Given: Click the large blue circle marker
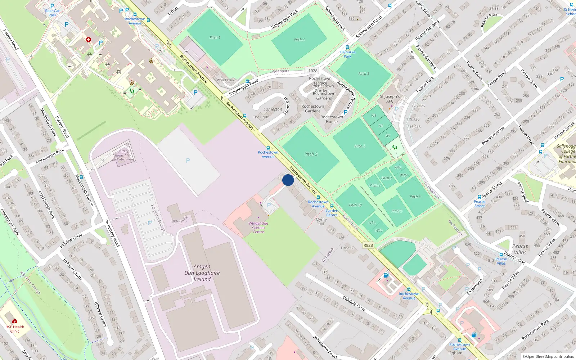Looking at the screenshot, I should click(x=288, y=180).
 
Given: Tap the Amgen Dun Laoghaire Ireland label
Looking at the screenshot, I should click(x=202, y=273).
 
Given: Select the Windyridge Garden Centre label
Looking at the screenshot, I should click(x=258, y=228).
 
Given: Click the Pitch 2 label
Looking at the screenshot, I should click(x=311, y=154).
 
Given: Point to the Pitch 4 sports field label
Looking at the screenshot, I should click(x=299, y=40).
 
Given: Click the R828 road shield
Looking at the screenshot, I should click(x=368, y=245).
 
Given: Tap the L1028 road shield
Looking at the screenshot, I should click(x=312, y=71).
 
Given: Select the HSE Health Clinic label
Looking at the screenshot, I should click(x=15, y=329).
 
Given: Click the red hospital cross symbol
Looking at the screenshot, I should click(x=89, y=40).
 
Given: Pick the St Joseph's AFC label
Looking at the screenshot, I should click(x=390, y=99).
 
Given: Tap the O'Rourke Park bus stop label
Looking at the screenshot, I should click(x=347, y=54).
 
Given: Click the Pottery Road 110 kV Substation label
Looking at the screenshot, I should click(x=123, y=156).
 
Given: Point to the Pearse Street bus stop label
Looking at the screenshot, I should click(x=479, y=204).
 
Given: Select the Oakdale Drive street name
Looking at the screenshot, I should click(x=354, y=303).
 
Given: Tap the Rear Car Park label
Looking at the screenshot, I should click(x=53, y=13).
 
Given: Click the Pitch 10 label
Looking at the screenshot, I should click(x=355, y=205).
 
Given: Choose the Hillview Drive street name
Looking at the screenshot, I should click(x=71, y=240).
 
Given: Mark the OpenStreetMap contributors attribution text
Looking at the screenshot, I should click(x=548, y=356).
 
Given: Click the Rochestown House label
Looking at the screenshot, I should click(x=332, y=119).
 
